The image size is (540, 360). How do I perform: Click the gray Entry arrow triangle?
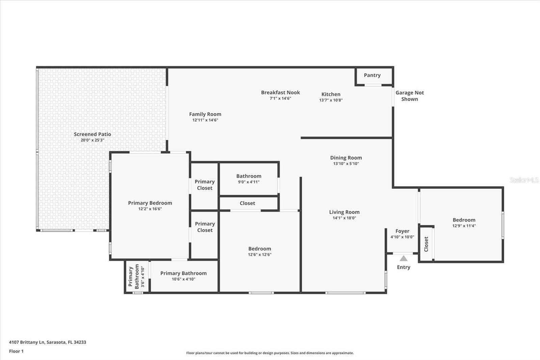404,259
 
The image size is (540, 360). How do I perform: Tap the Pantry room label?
372,75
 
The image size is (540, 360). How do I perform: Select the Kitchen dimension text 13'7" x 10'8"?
331,100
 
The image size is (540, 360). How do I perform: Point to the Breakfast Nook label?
280,93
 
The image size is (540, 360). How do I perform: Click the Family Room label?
205,114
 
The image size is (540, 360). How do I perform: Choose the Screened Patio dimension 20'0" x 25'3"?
92,140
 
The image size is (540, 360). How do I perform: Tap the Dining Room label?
346,158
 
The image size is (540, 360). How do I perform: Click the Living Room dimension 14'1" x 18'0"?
344,218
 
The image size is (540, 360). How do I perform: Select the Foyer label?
402,231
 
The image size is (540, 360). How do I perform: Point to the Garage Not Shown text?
410,96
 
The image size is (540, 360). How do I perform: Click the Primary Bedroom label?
150,203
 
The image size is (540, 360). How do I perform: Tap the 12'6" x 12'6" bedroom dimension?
260,255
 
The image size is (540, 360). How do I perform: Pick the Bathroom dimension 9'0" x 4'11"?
249,182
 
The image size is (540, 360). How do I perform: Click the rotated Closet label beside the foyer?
426,244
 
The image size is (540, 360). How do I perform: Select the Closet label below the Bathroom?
247,203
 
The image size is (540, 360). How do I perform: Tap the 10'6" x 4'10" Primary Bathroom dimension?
184,279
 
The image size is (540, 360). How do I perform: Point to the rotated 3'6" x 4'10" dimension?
143,277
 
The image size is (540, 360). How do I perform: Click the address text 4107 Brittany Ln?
27,342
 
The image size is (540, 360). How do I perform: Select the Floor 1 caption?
17,351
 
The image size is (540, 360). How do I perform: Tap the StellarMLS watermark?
524,180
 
